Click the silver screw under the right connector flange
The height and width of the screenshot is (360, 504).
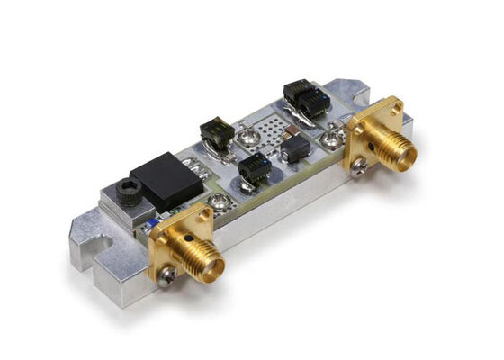(x=358, y=165)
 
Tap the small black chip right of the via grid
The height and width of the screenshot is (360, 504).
(x=295, y=148)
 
